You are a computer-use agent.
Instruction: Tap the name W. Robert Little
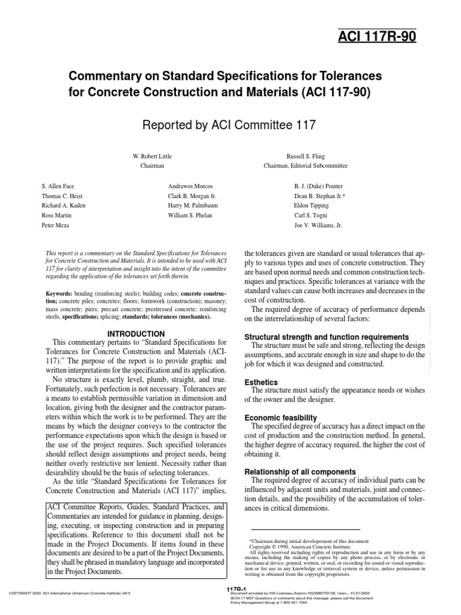pyautogui.click(x=152, y=155)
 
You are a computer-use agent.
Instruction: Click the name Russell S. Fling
pyautogui.click(x=305, y=155)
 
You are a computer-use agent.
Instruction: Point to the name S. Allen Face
pyautogui.click(x=58, y=187)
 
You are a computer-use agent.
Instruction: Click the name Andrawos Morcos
pyautogui.click(x=190, y=187)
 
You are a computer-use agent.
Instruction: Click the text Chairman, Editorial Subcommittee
pyautogui.click(x=305, y=165)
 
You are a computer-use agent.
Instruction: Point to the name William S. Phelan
pyautogui.click(x=190, y=214)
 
